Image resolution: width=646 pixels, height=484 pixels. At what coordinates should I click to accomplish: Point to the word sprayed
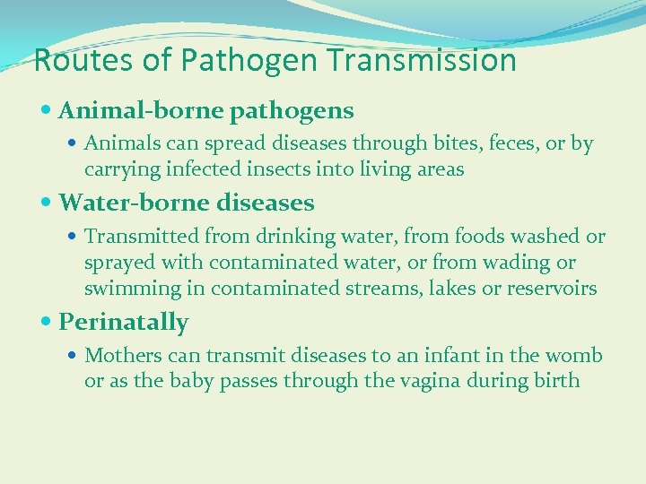tap(116, 264)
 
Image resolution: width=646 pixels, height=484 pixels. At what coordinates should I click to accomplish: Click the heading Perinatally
tap(123, 322)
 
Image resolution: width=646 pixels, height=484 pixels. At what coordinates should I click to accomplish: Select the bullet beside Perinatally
tap(48, 323)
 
